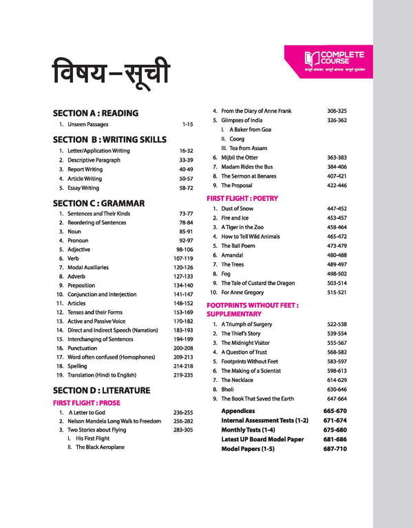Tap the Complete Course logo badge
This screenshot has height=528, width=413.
326,61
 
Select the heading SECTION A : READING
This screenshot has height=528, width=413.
96,113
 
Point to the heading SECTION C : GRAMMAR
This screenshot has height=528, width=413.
98,203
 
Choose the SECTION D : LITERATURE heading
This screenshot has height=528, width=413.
101,390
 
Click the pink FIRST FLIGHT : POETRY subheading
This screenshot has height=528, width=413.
242,198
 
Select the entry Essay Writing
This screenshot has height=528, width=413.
83,188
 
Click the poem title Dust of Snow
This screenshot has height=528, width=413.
237,209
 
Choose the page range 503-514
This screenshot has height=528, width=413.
337,283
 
